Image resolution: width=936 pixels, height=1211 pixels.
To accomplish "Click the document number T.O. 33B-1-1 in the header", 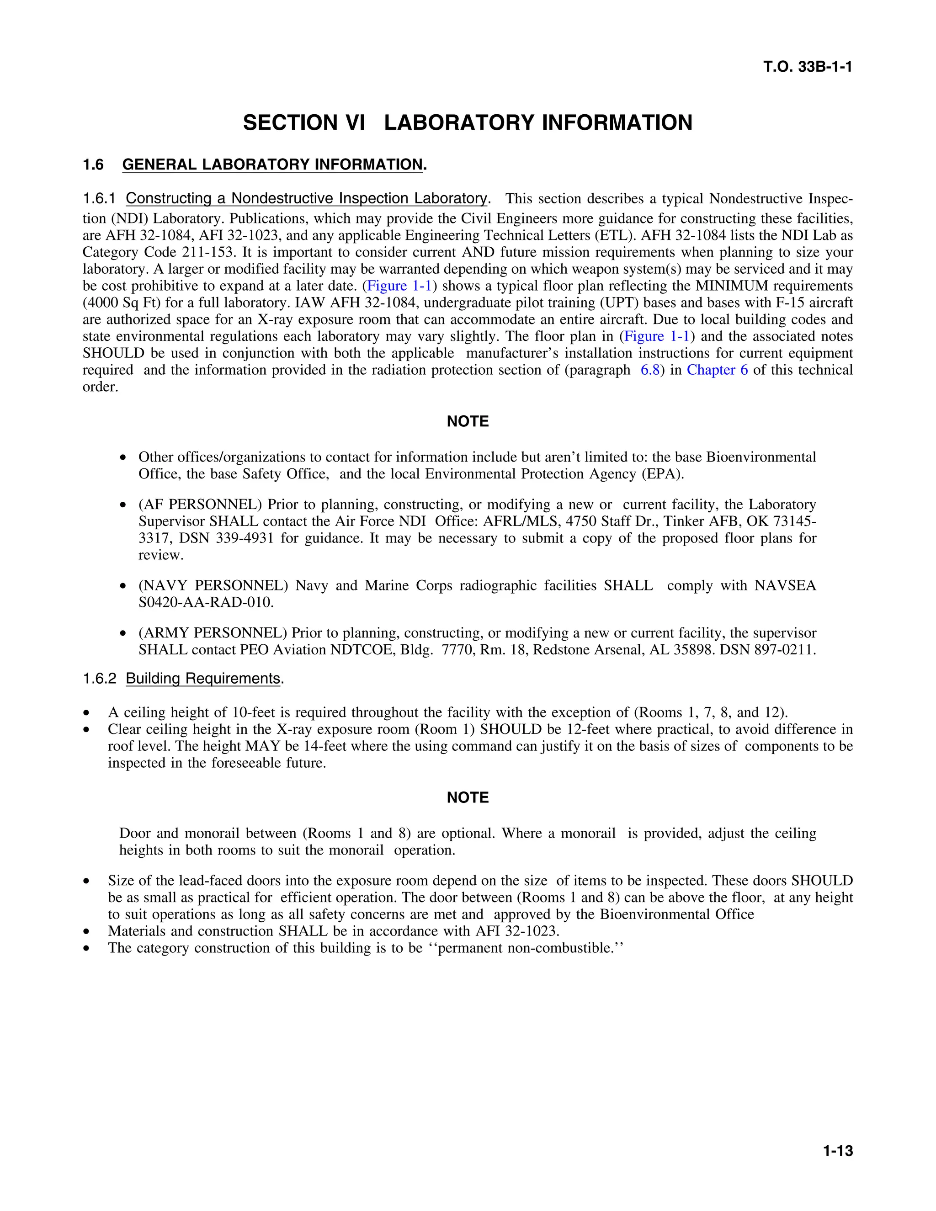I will (x=808, y=67).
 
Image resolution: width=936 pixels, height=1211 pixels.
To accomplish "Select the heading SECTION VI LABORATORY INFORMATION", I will (x=468, y=122).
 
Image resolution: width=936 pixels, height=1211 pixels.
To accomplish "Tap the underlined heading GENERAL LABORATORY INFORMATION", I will (x=272, y=165).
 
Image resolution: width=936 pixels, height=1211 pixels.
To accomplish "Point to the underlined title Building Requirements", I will (x=203, y=678).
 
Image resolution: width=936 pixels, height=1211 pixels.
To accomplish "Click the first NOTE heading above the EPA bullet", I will (x=468, y=421).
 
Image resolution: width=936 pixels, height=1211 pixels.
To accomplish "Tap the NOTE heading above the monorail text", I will (x=468, y=797).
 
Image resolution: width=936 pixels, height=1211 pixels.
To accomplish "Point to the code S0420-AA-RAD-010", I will (x=206, y=602).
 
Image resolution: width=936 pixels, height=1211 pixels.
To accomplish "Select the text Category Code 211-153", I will (x=161, y=252).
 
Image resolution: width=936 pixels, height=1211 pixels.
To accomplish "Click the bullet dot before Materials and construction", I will (x=86, y=931).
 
